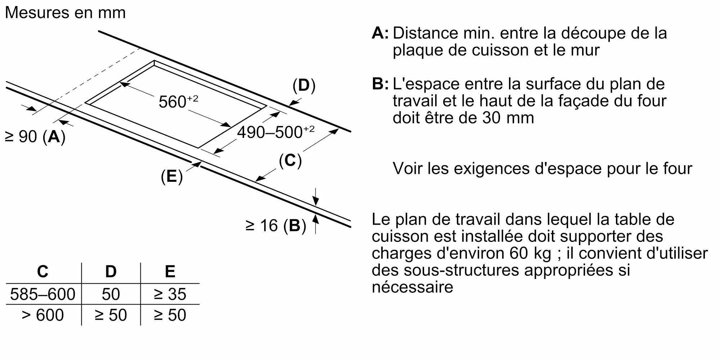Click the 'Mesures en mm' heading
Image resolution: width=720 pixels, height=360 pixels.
point(65,13)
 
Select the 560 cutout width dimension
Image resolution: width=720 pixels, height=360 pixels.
point(178,102)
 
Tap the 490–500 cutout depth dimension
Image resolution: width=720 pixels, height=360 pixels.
point(275,132)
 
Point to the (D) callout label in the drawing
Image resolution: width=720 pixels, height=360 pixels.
point(304,86)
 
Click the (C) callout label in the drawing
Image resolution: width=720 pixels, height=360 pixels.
point(290,160)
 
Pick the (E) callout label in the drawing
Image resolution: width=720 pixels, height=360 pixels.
point(172,177)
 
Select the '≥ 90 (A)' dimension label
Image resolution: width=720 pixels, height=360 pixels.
point(35,137)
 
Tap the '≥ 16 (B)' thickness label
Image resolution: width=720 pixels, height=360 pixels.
point(276,226)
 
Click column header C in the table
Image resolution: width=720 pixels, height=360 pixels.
point(42,271)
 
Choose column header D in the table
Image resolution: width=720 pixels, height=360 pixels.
point(111,271)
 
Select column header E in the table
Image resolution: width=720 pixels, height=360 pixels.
point(170,271)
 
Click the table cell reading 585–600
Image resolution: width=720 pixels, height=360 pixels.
point(42,294)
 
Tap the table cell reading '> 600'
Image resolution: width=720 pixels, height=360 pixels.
point(42,315)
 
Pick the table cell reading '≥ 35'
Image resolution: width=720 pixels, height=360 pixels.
point(170,294)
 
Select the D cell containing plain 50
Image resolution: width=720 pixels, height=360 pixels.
point(111,294)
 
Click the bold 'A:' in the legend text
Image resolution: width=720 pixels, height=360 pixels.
point(380,33)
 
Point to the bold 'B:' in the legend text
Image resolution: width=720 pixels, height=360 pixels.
point(380,84)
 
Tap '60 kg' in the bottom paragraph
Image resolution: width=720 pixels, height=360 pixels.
point(530,253)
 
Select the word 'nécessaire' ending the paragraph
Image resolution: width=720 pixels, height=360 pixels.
point(412,287)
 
